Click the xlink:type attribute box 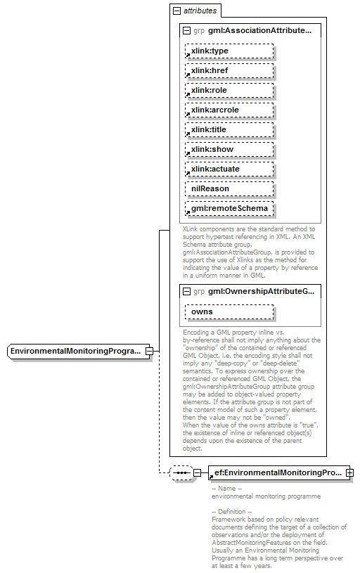pyautogui.click(x=229, y=51)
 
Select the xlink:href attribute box pyautogui.click(x=229, y=71)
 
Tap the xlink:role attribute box pyautogui.click(x=229, y=91)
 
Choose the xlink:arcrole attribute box pyautogui.click(x=229, y=110)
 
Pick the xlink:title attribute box pyautogui.click(x=229, y=130)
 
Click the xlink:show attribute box pyautogui.click(x=229, y=150)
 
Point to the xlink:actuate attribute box pyautogui.click(x=229, y=169)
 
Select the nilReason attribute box pyautogui.click(x=229, y=189)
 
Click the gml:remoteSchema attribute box pyautogui.click(x=229, y=209)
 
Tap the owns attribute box pyautogui.click(x=229, y=311)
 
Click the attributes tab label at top pyautogui.click(x=200, y=11)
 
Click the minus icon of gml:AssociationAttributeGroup pyautogui.click(x=186, y=31)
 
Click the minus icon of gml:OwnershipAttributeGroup pyautogui.click(x=186, y=291)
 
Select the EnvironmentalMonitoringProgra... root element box pyautogui.click(x=77, y=351)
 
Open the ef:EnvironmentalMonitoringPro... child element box pyautogui.click(x=276, y=473)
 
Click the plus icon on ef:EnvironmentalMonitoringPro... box pyautogui.click(x=349, y=473)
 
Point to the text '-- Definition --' pyautogui.click(x=231, y=511)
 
